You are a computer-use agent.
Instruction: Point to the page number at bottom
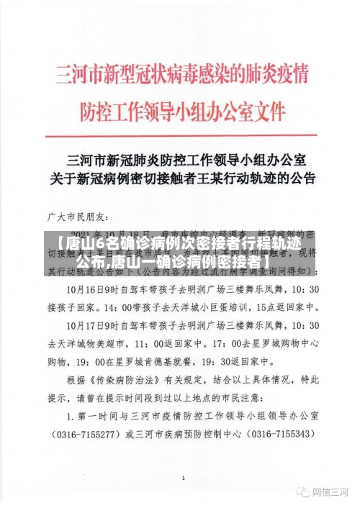183,478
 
